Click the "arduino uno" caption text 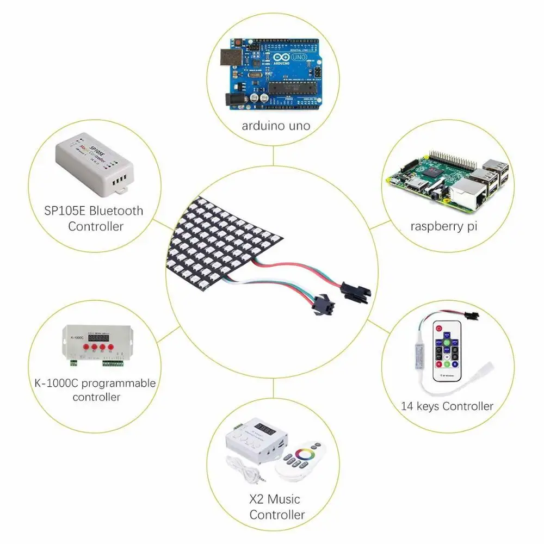coord(276,126)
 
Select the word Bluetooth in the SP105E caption coord(118,211)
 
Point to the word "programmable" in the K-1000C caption coord(123,384)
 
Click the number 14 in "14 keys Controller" coord(407,406)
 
